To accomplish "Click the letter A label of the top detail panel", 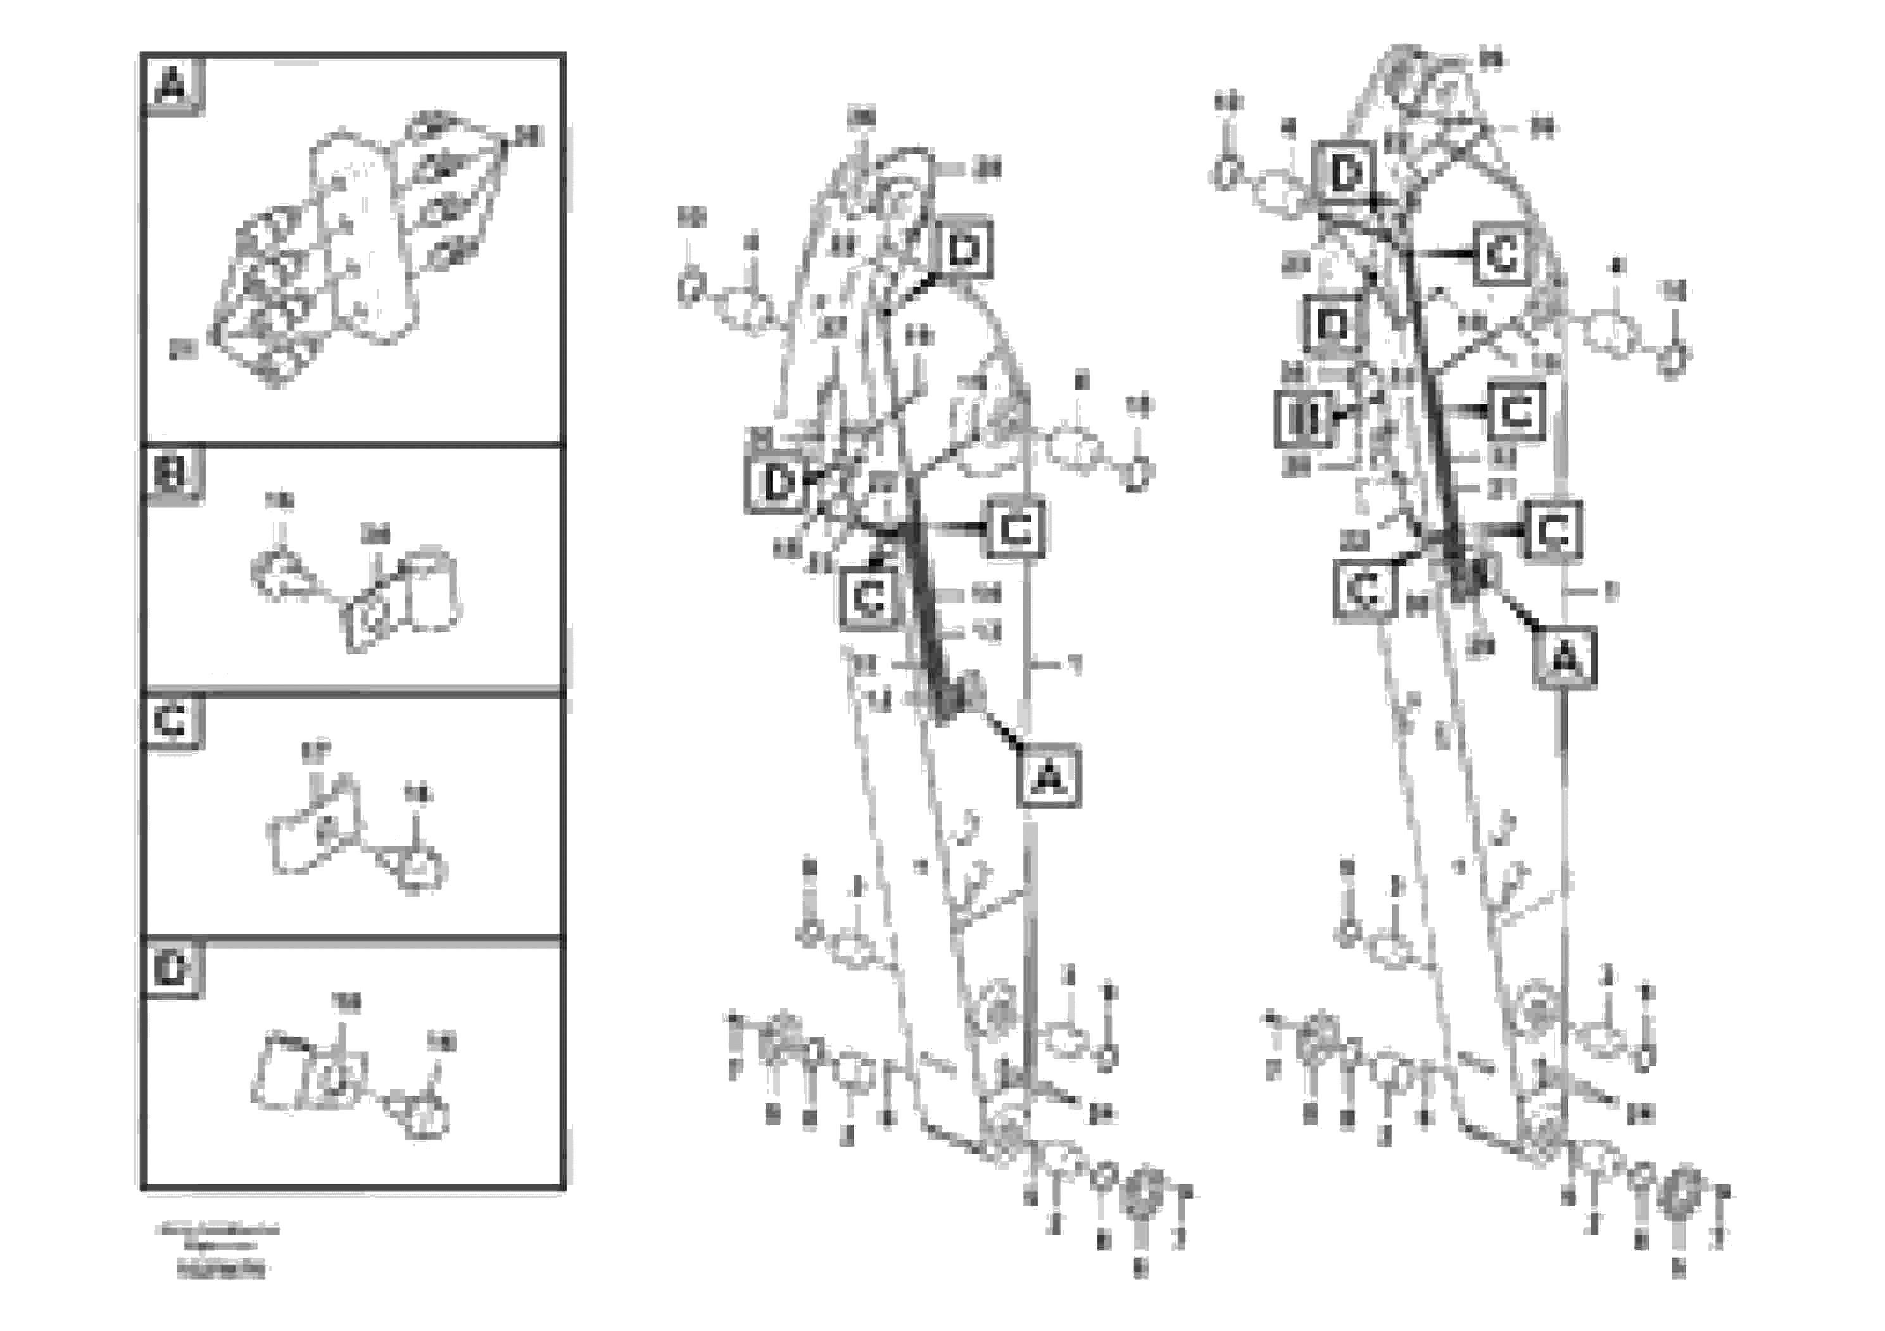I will (172, 85).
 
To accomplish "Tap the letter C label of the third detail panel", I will (172, 722).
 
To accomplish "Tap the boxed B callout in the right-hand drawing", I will (1304, 418).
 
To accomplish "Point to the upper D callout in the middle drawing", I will (962, 249).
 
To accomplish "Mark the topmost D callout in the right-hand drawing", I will (1346, 174).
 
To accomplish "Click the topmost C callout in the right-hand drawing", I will (1501, 255).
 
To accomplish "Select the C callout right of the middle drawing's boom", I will (1016, 528).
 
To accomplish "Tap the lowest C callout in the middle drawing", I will (869, 598).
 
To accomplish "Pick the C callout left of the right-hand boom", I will (1365, 589).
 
